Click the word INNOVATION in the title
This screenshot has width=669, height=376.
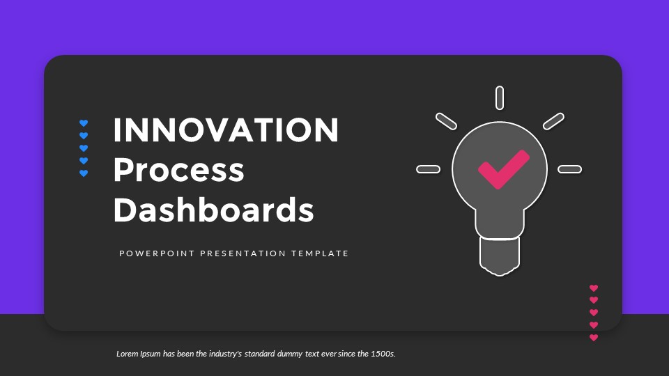[225, 130]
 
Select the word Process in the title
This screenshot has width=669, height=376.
[178, 170]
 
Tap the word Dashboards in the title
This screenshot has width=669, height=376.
[213, 210]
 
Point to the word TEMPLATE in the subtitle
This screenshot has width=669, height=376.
[321, 253]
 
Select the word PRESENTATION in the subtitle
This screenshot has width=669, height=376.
[243, 253]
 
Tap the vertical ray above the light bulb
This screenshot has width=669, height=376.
[500, 97]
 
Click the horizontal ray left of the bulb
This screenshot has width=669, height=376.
[428, 169]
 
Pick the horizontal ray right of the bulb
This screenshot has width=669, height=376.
[569, 169]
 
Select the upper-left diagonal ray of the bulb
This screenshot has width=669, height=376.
[446, 120]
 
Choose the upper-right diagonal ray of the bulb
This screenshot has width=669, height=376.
[553, 120]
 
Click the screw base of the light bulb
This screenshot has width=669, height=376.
[500, 256]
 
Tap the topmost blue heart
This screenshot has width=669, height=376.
[84, 123]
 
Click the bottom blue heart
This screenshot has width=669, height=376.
[84, 173]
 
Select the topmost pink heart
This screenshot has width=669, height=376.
[594, 288]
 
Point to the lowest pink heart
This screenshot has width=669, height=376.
[594, 338]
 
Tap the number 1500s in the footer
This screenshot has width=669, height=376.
[382, 354]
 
